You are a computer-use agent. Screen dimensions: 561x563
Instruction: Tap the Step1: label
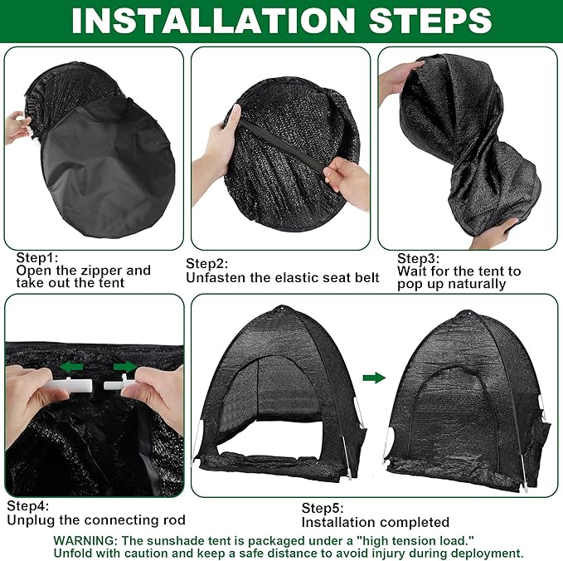pyautogui.click(x=36, y=258)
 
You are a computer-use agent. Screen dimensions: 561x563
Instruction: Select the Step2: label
pyautogui.click(x=206, y=264)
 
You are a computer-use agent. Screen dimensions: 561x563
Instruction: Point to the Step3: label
pyautogui.click(x=418, y=258)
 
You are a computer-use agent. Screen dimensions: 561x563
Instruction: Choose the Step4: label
pyautogui.click(x=28, y=505)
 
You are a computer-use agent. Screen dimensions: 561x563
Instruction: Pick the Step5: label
pyautogui.click(x=322, y=508)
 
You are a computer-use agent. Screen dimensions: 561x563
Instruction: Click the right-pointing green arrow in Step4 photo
pyautogui.click(x=123, y=364)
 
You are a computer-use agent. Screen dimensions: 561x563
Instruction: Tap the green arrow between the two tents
pyautogui.click(x=375, y=378)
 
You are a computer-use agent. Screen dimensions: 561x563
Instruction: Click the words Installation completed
pyautogui.click(x=375, y=522)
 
